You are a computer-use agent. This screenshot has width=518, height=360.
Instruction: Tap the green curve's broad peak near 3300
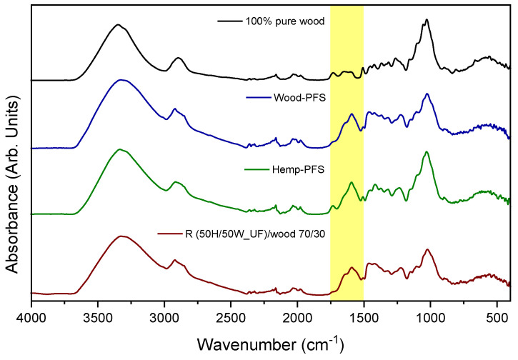120,149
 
